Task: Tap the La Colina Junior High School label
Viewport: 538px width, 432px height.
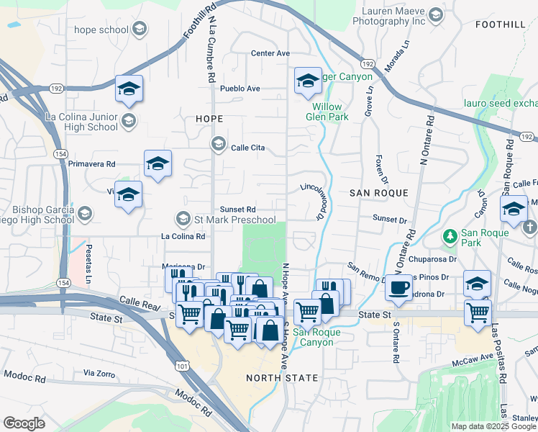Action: point(81,122)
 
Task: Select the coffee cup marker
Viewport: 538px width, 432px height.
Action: point(398,288)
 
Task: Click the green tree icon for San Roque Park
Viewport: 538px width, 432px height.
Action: point(450,235)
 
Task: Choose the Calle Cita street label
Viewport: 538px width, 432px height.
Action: point(248,148)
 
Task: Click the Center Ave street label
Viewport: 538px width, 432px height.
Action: point(270,53)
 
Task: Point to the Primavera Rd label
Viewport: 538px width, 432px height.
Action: point(92,164)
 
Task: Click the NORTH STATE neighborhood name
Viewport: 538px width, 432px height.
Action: point(282,377)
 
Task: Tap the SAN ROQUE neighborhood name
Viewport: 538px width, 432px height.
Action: point(378,193)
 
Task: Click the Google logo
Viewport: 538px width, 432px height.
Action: point(24,423)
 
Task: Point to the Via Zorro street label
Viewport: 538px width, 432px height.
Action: point(99,373)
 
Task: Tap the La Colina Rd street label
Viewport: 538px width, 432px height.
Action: point(183,236)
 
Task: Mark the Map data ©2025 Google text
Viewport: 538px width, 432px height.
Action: point(494,426)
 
